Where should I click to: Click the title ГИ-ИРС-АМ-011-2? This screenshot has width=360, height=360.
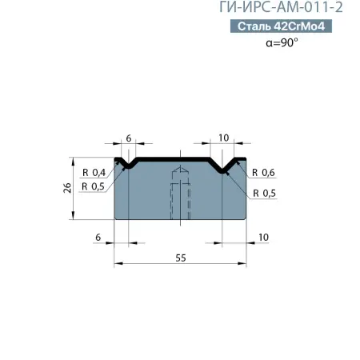286,9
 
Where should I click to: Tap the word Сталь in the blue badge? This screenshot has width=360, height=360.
254,27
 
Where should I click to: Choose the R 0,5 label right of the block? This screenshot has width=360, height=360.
263,193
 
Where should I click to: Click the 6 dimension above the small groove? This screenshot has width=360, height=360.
128,138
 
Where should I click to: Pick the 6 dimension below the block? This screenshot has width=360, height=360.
98,238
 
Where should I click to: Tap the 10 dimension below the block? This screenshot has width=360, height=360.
263,238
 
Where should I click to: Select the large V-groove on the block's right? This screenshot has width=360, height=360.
225,166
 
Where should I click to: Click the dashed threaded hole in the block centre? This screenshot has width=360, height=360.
182,196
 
